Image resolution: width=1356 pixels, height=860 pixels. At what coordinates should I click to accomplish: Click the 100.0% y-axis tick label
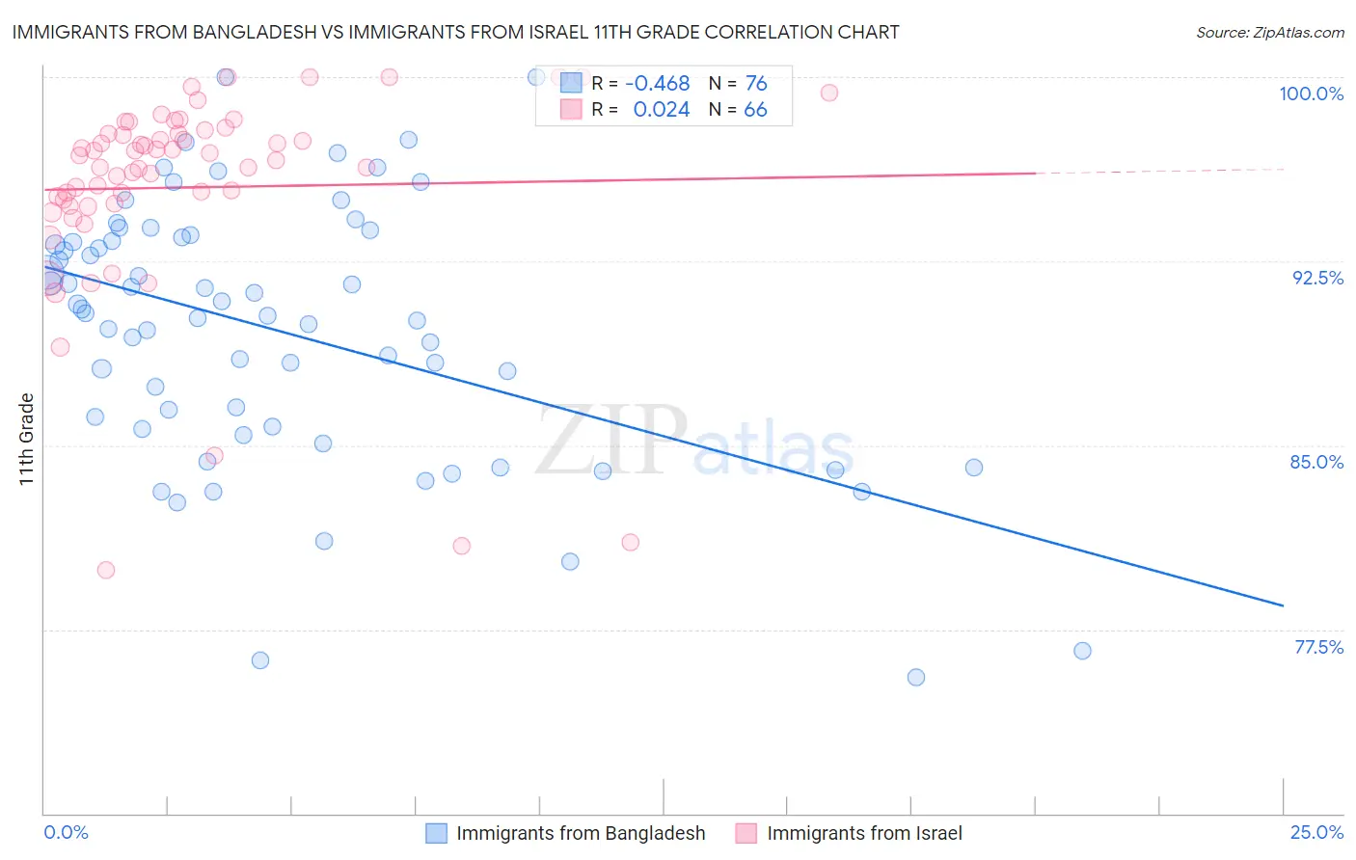[x=1311, y=94]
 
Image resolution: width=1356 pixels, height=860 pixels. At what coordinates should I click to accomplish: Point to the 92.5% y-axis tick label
[x=1317, y=278]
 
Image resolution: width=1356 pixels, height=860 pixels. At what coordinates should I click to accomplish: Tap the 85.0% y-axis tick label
[x=1316, y=462]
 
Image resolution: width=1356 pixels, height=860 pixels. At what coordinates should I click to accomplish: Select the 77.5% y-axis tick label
[x=1318, y=647]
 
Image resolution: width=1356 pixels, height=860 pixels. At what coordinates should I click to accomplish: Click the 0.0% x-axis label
[x=66, y=832]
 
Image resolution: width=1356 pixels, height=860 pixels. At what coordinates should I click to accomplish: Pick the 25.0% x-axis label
[x=1316, y=832]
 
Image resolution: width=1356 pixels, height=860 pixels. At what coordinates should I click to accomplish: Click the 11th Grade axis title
[x=27, y=439]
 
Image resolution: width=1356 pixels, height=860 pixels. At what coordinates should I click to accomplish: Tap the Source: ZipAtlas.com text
[x=1269, y=32]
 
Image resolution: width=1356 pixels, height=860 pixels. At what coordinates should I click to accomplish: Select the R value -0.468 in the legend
[x=658, y=84]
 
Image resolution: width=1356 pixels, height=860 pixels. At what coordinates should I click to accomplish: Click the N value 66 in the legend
[x=755, y=110]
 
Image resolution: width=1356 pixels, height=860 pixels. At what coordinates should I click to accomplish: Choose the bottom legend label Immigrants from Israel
[x=864, y=833]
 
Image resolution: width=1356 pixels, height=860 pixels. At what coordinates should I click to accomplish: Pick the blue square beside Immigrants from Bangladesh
[x=437, y=833]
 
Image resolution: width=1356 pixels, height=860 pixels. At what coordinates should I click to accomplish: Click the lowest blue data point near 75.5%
[x=916, y=677]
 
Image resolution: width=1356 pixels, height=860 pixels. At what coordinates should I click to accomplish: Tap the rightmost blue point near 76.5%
[x=1082, y=651]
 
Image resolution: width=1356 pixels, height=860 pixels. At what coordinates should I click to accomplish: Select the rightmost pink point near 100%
[x=829, y=93]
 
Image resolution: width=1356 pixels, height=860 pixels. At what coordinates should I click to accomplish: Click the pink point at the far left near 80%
[x=106, y=570]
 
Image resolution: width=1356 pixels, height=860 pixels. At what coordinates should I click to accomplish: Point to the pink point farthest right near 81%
[x=631, y=542]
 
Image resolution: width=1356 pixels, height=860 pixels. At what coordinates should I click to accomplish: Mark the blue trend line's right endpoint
[x=1283, y=605]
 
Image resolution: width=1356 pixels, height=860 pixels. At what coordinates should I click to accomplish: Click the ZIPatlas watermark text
[x=694, y=442]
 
